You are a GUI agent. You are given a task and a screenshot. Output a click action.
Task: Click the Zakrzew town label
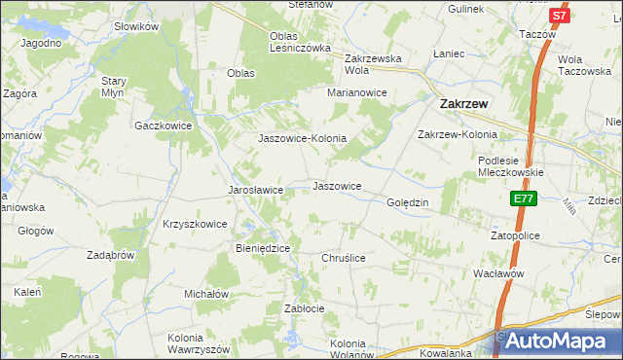tap(463, 101)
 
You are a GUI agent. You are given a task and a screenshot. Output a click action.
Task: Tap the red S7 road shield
tap(558, 16)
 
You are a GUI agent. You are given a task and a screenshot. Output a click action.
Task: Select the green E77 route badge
tap(524, 198)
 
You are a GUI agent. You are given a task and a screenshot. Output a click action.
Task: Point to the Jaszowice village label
tap(337, 186)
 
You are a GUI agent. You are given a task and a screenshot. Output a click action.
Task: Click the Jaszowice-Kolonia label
tap(302, 138)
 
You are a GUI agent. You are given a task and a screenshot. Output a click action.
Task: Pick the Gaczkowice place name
tap(164, 126)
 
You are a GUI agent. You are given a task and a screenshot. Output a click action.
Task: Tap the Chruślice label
tap(343, 258)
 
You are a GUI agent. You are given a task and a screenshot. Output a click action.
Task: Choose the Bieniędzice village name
tap(263, 248)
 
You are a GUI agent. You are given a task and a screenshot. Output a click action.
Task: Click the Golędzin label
tap(408, 202)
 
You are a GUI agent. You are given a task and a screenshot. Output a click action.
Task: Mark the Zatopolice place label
tap(515, 235)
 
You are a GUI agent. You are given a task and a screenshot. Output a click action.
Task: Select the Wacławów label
tap(498, 273)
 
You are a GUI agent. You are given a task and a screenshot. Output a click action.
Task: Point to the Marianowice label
tap(357, 92)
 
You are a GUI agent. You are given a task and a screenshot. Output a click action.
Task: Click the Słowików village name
tap(135, 27)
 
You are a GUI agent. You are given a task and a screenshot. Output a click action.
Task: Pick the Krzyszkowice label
tap(195, 224)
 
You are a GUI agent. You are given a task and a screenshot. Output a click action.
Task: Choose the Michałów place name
tap(206, 293)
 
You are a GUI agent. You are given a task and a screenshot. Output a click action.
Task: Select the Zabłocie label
tap(304, 307)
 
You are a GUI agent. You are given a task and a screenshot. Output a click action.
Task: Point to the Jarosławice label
tap(255, 190)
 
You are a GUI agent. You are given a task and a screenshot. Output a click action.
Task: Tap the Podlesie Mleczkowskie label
tap(510, 165)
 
